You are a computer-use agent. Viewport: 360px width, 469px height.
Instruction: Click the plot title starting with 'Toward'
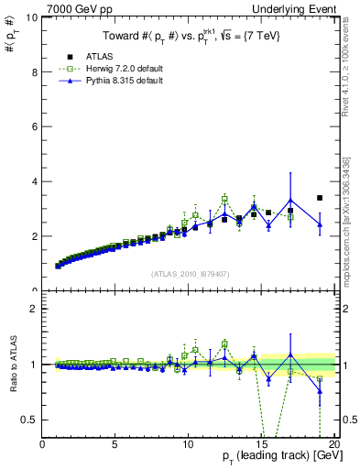coord(188,36)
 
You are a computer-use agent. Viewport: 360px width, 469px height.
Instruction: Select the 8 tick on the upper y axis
coord(34,71)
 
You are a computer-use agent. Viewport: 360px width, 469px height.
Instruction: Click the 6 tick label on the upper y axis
coord(34,126)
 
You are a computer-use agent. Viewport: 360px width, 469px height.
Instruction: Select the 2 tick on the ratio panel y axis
coord(34,309)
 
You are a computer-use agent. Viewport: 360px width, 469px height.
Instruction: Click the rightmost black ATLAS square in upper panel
coord(320,198)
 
